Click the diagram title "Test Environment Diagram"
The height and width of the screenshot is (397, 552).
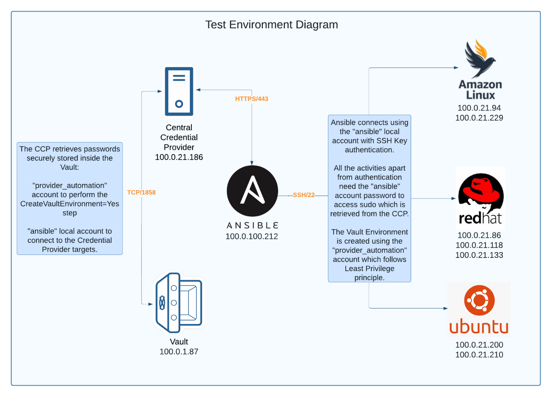click(x=271, y=25)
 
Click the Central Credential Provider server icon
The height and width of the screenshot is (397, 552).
click(x=179, y=92)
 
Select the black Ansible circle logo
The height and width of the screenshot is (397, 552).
click(x=252, y=191)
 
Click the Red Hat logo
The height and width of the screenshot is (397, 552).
click(x=480, y=198)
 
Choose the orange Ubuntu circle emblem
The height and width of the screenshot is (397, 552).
click(x=479, y=300)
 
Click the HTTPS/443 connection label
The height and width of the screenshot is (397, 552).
click(x=251, y=99)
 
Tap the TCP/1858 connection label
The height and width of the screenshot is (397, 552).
click(x=141, y=192)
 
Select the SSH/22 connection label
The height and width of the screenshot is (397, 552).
click(x=304, y=195)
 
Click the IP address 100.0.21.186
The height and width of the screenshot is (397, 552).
click(x=179, y=157)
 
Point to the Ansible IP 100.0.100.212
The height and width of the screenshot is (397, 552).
click(x=252, y=236)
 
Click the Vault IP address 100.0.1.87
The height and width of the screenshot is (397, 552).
click(x=179, y=352)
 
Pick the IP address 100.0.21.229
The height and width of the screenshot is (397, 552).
click(x=479, y=118)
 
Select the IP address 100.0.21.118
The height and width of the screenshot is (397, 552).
click(x=479, y=245)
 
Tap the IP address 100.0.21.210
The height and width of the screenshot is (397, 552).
click(x=479, y=355)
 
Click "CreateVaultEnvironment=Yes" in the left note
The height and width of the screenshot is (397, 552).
click(x=70, y=204)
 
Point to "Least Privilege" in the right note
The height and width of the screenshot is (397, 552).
click(x=369, y=269)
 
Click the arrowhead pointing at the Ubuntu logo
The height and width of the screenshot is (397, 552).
click(x=445, y=308)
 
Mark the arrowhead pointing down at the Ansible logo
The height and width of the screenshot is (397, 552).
click(x=252, y=163)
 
